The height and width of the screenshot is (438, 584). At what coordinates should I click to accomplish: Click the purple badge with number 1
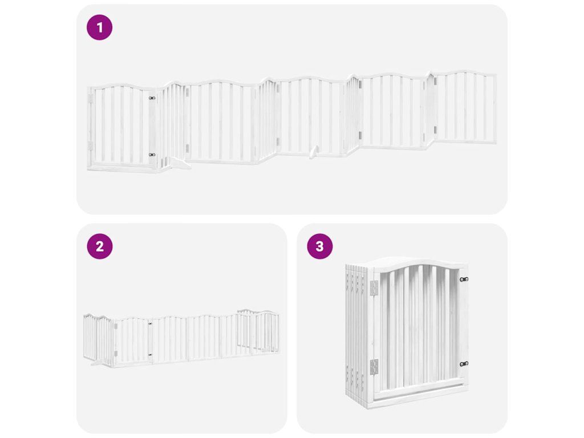point(99,27)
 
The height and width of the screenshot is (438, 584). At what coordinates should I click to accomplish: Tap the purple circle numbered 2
point(100,246)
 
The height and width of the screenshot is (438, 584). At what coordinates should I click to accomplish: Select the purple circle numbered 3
point(320,246)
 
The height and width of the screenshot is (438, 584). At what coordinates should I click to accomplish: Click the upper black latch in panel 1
point(152,98)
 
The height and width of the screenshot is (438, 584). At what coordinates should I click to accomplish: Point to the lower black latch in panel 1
point(152,155)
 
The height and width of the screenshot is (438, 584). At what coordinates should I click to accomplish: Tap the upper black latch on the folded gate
point(464,279)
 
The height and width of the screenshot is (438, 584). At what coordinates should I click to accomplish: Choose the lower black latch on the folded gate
point(464,364)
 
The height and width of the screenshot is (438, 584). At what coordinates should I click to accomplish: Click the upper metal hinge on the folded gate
point(374,287)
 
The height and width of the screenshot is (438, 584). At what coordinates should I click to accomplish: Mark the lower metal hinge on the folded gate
point(374,367)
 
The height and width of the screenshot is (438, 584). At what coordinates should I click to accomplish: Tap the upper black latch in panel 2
point(151,323)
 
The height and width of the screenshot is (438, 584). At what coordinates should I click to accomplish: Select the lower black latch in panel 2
point(150,355)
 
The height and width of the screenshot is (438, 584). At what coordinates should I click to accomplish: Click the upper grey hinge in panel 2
point(116,327)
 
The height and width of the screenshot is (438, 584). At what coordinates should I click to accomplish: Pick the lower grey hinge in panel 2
point(116,354)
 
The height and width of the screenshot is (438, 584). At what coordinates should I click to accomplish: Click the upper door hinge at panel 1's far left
point(90,98)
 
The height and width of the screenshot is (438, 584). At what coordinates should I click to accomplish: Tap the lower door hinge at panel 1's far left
point(90,145)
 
